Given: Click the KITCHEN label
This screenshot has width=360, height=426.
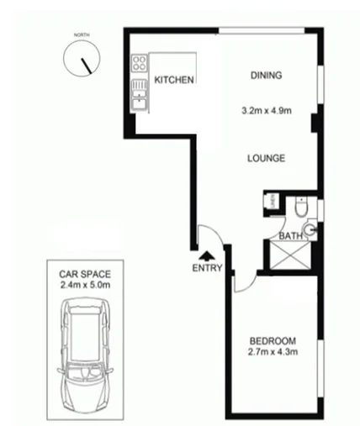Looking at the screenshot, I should click(x=175, y=80).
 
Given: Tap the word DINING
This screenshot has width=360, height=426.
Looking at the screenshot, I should click(x=266, y=76).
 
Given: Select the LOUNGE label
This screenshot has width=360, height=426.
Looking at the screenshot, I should click(x=267, y=158).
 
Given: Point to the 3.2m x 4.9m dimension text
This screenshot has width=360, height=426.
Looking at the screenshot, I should click(x=266, y=108).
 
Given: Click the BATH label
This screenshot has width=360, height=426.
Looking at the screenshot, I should click(x=290, y=237).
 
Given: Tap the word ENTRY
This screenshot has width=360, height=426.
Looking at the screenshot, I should click(x=207, y=269).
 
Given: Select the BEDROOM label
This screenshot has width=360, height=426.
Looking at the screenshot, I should click(x=273, y=340).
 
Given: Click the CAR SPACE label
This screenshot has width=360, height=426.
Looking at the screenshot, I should click(x=85, y=274).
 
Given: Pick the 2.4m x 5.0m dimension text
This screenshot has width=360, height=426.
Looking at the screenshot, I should click(x=85, y=286).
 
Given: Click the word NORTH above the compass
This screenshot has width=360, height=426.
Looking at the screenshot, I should click(x=81, y=34).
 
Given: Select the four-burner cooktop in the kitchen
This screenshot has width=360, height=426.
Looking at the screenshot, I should click(x=139, y=68).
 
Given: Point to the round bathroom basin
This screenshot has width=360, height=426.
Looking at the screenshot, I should click(x=310, y=228).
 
